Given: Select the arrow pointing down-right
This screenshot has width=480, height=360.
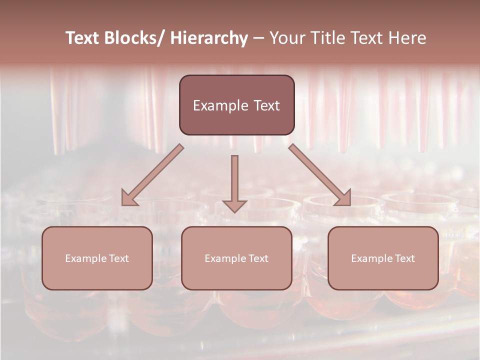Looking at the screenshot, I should (x=320, y=175).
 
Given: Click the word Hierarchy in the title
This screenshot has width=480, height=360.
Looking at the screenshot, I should (x=209, y=38).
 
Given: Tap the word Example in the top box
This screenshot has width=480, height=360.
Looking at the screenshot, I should (x=220, y=106).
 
